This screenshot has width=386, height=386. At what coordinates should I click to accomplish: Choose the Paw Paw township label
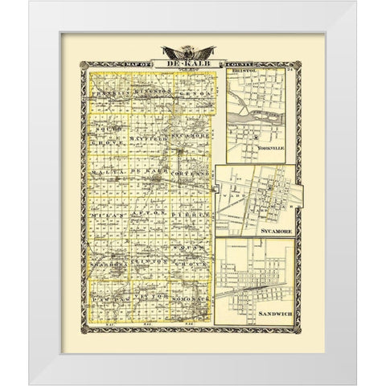[108, 298]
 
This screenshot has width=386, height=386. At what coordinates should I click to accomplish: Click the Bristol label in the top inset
[243, 74]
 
